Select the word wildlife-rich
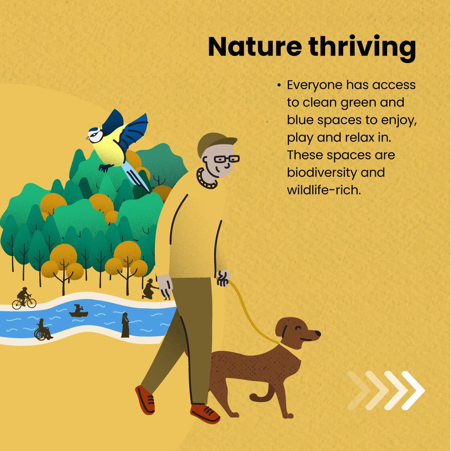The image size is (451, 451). click(x=323, y=190)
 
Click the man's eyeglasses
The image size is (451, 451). click(x=226, y=159)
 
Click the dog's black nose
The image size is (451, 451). click(x=318, y=334)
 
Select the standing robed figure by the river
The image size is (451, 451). click(x=125, y=325)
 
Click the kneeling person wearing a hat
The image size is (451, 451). click(x=149, y=289)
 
